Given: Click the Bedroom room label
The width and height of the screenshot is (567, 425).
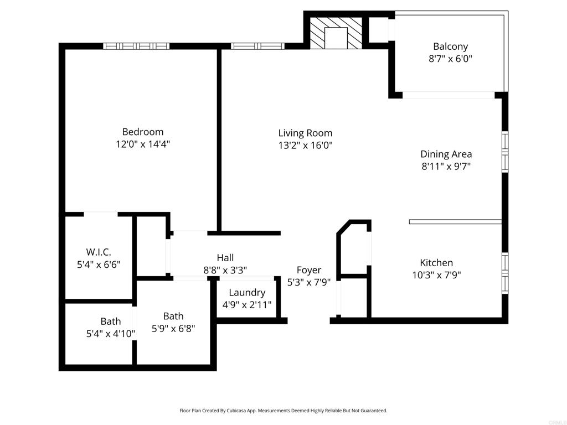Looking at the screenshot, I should (x=142, y=132).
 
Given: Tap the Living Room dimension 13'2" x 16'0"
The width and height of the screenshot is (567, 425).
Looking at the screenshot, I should (x=305, y=145).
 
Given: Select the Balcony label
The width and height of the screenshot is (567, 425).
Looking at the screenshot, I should (x=450, y=46).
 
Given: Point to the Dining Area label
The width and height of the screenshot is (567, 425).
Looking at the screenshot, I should (x=446, y=154).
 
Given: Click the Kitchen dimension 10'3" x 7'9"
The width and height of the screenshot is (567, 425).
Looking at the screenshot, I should (x=436, y=274).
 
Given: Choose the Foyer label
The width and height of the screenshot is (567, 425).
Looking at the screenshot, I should (x=308, y=270).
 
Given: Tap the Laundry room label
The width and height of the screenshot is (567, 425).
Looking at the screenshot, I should (x=247, y=292).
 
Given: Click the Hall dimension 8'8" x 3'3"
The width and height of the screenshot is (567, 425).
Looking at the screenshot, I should (x=225, y=270).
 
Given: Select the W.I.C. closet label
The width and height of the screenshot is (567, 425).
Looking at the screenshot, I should (x=98, y=252).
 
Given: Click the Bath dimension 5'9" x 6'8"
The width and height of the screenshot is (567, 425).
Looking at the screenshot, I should (x=173, y=328).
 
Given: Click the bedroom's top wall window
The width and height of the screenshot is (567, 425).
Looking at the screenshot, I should (x=136, y=46).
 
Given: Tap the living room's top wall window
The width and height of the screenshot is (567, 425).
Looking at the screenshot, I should (x=257, y=46).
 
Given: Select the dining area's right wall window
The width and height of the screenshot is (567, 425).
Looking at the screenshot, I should (x=504, y=152).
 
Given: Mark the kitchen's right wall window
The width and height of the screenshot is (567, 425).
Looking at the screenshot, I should (x=504, y=272).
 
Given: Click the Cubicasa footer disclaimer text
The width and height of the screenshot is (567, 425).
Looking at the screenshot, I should (x=283, y=411).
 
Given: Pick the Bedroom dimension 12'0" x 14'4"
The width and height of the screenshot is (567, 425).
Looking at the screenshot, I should (x=142, y=144).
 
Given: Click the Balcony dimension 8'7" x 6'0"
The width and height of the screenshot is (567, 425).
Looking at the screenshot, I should (x=450, y=58).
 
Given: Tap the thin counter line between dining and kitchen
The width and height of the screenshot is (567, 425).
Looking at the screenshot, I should (x=455, y=222).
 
